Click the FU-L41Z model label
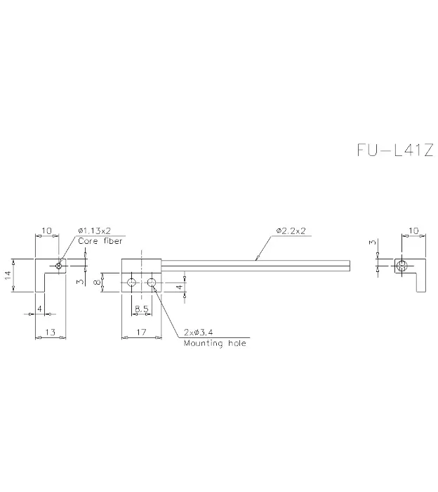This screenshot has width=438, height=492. (395, 150)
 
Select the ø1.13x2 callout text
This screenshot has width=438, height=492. (95, 231)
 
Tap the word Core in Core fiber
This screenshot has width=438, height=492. (88, 241)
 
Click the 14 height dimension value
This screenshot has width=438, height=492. (8, 276)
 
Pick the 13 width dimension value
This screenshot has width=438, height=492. (51, 332)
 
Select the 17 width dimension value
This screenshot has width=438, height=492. (141, 332)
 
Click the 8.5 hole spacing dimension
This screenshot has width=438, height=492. (142, 309)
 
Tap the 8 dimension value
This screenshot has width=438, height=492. (98, 282)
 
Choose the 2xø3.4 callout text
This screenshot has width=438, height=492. (199, 332)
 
